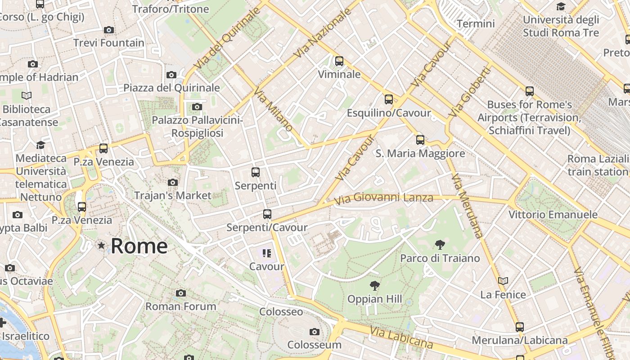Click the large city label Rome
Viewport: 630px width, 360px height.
139,246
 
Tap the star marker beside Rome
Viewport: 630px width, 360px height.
102,246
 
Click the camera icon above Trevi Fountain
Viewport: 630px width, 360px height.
108,30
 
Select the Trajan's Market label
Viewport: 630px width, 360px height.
173,195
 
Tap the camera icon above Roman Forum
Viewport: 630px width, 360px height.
181,293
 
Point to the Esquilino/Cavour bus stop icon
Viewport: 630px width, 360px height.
389,100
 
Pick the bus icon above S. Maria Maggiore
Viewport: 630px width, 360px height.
420,140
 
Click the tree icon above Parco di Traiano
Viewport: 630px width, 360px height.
440,245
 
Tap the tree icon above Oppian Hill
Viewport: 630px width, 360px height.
374,285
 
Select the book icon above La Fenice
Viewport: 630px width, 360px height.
503,281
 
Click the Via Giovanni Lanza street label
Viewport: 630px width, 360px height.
384,198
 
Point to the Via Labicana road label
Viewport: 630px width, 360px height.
401,337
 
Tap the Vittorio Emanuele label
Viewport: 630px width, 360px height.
553,215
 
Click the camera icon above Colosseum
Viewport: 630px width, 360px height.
315,332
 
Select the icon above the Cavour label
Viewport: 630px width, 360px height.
267,253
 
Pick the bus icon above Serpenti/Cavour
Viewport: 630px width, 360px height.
267,214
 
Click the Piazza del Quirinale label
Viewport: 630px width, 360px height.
172,87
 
